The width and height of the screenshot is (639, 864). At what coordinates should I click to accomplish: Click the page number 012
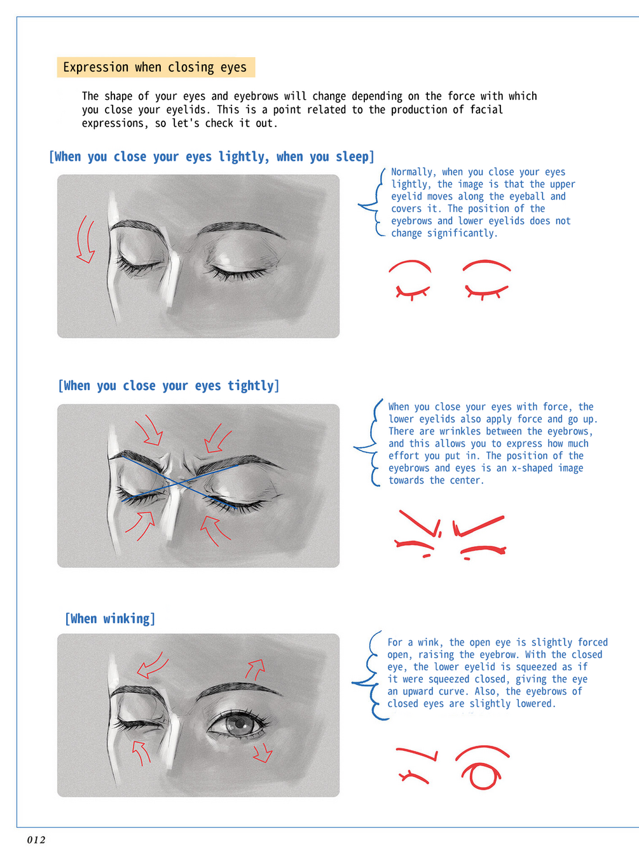(x=36, y=840)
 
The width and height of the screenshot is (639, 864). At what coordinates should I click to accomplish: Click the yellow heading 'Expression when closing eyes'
(x=156, y=67)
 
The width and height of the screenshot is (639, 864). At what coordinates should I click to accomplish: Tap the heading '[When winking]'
(x=110, y=619)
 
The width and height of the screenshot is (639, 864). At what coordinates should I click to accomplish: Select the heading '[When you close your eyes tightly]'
(x=168, y=386)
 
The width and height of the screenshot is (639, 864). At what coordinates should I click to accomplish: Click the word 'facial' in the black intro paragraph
(x=486, y=110)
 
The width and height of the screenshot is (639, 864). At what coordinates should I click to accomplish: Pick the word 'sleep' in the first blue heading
(x=352, y=156)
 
